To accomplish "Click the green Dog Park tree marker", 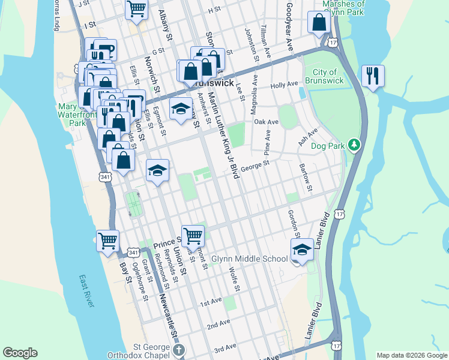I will pos(355,145).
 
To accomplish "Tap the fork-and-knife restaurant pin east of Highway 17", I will pos(373,76).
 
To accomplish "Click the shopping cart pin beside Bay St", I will pos(108,241).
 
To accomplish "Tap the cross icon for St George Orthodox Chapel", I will pos(178,350).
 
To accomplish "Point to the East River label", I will pos(86,292).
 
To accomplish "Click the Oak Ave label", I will pos(266,122).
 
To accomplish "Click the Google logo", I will pos(20,353).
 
